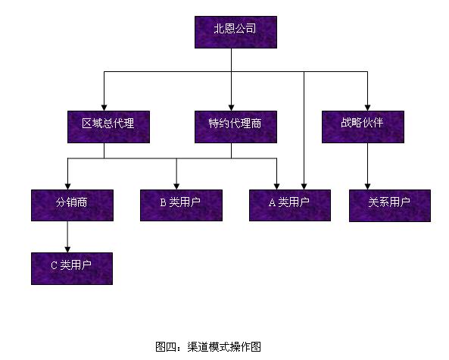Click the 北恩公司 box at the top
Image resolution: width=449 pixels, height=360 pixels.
tap(235, 32)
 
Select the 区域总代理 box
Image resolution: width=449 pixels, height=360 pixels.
tap(108, 127)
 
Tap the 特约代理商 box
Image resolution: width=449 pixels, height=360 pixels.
tap(235, 127)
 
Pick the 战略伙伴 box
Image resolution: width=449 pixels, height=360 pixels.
tap(363, 127)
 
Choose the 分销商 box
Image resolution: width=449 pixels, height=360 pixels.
tap(72, 205)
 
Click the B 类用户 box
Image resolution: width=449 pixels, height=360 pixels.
tap(181, 205)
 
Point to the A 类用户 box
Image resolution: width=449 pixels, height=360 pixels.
tap(290, 205)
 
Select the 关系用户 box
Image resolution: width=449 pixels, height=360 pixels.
tap(390, 205)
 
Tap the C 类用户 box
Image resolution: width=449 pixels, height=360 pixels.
tap(72, 268)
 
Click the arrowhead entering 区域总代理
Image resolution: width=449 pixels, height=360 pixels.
tap(104, 108)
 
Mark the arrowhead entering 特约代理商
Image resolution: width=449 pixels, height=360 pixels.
tap(232, 108)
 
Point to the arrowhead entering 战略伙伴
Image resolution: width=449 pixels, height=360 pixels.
tap(367, 108)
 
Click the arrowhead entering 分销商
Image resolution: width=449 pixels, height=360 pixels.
tap(67, 186)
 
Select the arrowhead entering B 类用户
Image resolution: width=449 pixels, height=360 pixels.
tap(176, 186)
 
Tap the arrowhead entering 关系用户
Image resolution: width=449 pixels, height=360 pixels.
tap(367, 186)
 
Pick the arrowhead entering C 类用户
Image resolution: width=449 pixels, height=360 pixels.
tap(67, 249)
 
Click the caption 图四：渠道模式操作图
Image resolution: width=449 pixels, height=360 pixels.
tap(208, 346)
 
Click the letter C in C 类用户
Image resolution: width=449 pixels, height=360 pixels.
tap(54, 265)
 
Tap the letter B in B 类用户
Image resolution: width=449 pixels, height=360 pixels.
tap(164, 202)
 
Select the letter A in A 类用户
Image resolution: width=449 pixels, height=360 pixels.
tap(272, 202)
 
